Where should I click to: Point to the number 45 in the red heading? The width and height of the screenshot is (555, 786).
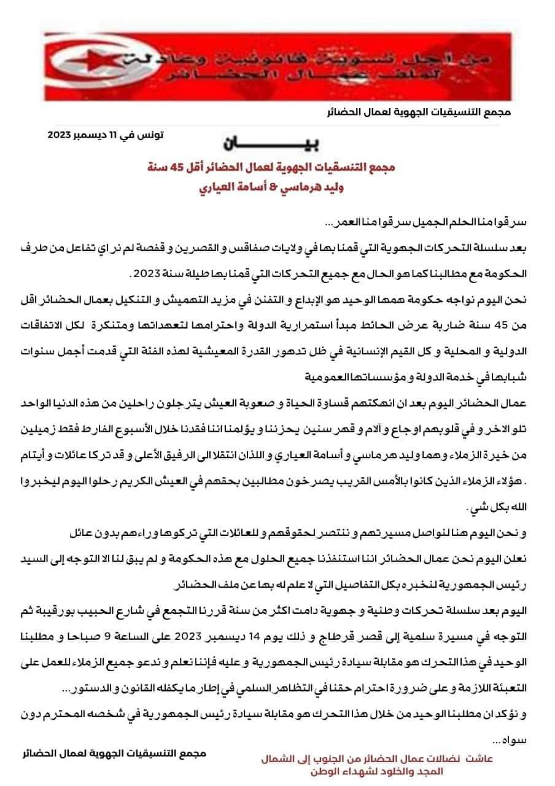point(211,168)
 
